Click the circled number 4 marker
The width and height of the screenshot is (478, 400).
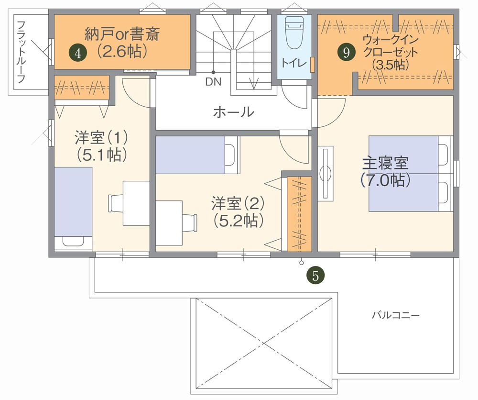click(78, 54)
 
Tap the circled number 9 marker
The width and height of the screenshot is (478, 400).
click(346, 53)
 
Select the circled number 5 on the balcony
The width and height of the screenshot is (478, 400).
click(315, 276)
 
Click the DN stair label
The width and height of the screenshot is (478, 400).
click(213, 82)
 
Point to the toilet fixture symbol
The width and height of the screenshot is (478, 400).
click(294, 33)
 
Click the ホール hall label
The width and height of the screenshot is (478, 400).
click(234, 112)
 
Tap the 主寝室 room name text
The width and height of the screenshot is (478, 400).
click(385, 163)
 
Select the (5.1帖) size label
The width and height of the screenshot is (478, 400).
click(101, 155)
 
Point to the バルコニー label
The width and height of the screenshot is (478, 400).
click(395, 315)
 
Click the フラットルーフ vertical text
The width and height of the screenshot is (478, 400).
click(21, 52)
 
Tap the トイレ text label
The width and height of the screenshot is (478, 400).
click(293, 63)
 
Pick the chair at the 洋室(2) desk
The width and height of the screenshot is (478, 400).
click(190, 222)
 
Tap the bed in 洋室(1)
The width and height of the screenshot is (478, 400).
click(73, 209)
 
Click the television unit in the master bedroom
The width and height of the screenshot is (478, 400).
click(326, 174)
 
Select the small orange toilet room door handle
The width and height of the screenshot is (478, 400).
click(313, 65)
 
